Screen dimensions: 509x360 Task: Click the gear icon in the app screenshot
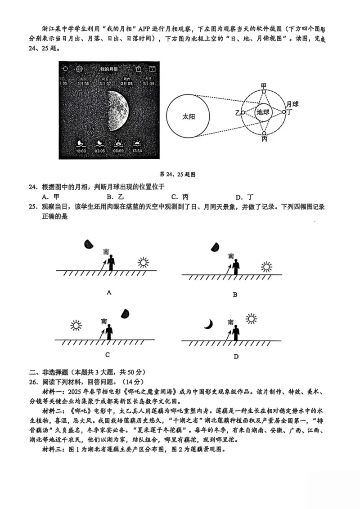(79, 69)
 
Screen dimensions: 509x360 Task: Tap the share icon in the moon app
(139, 69)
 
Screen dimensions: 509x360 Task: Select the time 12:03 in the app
(81, 151)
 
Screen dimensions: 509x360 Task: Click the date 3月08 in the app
(127, 83)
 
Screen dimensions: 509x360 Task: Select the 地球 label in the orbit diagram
(263, 113)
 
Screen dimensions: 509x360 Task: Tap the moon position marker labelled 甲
(264, 91)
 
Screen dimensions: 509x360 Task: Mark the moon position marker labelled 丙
(264, 133)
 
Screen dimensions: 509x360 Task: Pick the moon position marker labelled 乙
(243, 112)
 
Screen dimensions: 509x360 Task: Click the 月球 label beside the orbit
(293, 104)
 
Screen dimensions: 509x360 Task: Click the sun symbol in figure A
(143, 263)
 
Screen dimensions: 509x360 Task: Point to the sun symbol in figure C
(76, 325)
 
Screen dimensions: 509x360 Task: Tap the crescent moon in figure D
(208, 324)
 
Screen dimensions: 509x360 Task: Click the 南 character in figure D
(231, 322)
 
